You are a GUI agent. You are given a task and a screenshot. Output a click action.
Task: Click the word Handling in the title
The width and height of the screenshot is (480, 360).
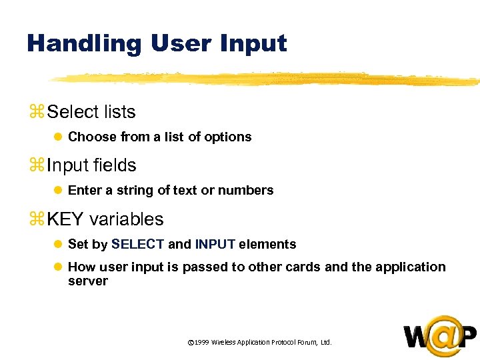point(84,44)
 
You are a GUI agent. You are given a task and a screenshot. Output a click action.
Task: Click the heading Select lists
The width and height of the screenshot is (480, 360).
point(91,112)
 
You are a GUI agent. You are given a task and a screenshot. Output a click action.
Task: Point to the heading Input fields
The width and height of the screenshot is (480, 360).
point(91,165)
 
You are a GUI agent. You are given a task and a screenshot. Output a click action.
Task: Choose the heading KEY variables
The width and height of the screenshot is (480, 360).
point(105,219)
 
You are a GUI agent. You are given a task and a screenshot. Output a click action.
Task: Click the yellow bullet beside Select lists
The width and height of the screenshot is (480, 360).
point(35,113)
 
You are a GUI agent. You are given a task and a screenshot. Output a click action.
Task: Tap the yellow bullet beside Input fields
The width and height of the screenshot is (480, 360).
point(35,166)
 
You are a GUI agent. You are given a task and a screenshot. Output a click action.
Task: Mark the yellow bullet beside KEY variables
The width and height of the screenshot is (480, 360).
point(35,219)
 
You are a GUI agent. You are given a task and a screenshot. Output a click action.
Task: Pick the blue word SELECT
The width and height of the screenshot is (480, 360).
point(137,245)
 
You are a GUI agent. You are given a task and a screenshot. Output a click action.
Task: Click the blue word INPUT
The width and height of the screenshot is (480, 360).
point(215,245)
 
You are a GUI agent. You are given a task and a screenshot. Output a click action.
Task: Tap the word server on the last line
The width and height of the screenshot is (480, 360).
point(87,281)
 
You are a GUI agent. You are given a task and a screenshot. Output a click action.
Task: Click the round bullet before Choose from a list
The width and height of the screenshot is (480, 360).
point(58,137)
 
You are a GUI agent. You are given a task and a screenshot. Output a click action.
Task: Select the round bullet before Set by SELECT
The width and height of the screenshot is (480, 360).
point(58,245)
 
